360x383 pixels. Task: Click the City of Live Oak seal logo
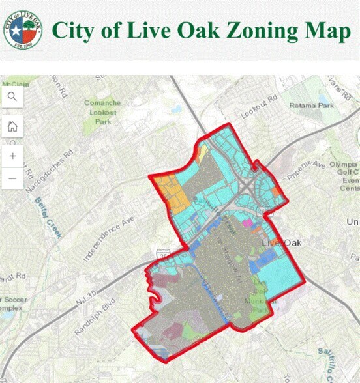pyautogui.click(x=23, y=29)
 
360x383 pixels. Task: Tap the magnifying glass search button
pyautogui.click(x=12, y=97)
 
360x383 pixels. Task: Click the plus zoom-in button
pyautogui.click(x=12, y=154)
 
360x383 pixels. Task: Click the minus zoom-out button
pyautogui.click(x=12, y=178)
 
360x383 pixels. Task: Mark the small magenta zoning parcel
pyautogui.click(x=247, y=223)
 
